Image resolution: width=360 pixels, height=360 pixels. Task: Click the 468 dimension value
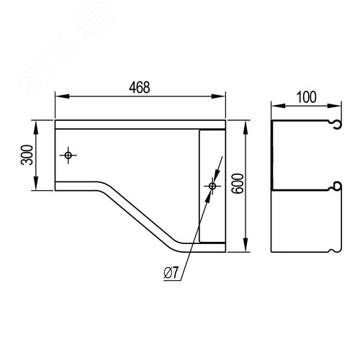(x=140, y=87)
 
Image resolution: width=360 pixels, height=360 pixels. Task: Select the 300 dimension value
(x=27, y=155)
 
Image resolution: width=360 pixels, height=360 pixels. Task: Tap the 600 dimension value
(x=238, y=184)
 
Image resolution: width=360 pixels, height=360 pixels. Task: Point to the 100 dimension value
(x=307, y=97)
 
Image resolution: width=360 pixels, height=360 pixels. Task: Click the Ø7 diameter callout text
(x=171, y=273)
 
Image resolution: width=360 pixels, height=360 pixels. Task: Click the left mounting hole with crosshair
(x=68, y=156)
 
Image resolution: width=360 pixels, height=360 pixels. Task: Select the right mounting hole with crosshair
(x=212, y=186)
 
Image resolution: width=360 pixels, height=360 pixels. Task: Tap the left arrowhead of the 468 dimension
(x=62, y=96)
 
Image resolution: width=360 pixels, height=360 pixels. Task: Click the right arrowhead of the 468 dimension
(x=218, y=96)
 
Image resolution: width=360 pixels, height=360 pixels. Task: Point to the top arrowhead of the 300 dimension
(x=36, y=127)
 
